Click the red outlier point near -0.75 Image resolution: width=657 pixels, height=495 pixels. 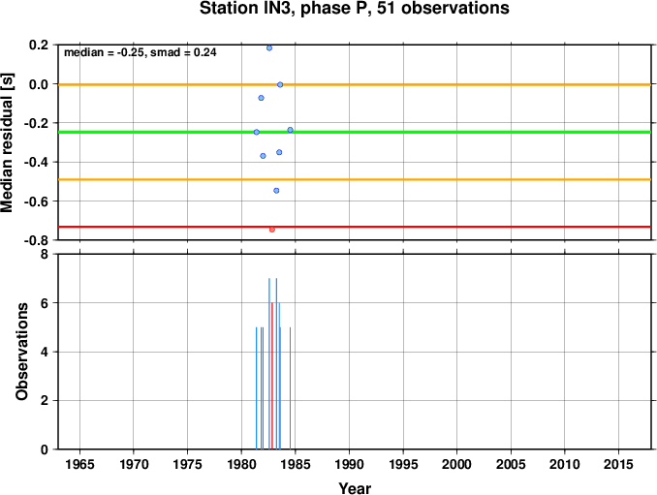tap(272, 230)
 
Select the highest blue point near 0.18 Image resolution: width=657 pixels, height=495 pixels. tap(269, 48)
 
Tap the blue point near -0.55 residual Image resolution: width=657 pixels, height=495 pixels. tap(276, 191)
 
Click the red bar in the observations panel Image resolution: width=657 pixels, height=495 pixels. tap(272, 376)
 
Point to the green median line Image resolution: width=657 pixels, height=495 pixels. tap(355, 133)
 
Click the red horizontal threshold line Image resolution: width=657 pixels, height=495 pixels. tap(355, 227)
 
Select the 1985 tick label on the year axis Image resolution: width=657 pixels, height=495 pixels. tap(296, 464)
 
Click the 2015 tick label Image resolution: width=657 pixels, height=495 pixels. tap(619, 464)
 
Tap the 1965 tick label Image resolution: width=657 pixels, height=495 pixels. tap(79, 464)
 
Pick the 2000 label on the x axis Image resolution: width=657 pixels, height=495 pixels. tap(457, 464)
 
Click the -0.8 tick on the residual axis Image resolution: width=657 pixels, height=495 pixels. tap(35, 240)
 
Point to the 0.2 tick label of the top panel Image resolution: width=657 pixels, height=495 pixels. tap(38, 45)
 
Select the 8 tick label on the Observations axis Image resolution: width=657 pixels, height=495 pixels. tap(44, 254)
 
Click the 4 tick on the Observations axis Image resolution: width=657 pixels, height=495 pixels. tap(44, 352)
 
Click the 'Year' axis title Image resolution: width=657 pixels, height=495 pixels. tap(355, 488)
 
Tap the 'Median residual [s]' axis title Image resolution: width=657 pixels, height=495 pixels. tap(7, 142)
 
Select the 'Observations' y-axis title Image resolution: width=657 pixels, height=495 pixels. tap(21, 352)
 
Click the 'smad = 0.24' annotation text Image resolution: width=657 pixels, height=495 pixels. tap(183, 52)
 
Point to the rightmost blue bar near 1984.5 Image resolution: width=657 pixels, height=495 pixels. tap(290, 387)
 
